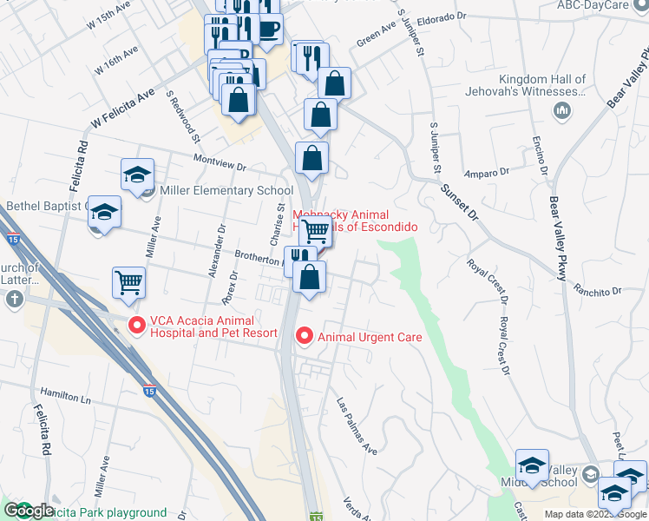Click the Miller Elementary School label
click(x=226, y=191)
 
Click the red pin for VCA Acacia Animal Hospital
click(x=136, y=326)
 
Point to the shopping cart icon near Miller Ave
click(x=128, y=282)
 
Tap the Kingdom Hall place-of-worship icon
click(x=560, y=110)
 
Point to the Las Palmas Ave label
click(x=357, y=427)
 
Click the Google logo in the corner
click(x=29, y=511)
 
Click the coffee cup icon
click(x=267, y=29)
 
